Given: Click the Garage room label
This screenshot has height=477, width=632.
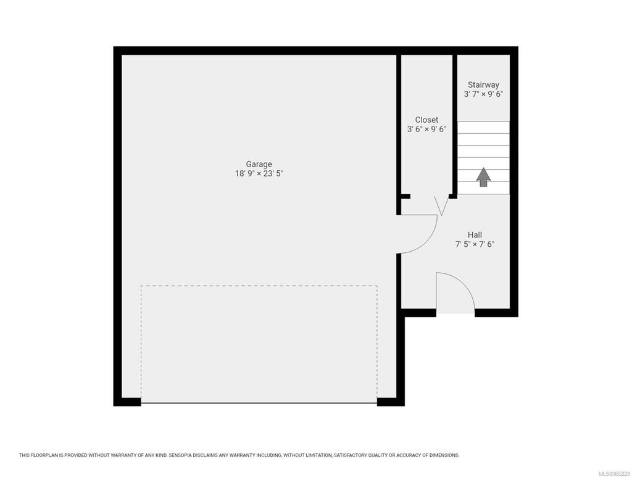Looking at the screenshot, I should point(259,164).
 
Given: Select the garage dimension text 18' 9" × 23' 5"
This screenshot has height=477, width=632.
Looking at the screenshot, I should point(259,173).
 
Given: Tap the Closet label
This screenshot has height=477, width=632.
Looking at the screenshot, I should point(426,120).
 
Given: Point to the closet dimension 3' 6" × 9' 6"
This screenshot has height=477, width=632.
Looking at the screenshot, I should point(426,129).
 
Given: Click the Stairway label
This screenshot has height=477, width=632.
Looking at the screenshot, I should point(483,85).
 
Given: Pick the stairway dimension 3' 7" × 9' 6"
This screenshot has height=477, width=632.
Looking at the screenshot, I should point(483,94).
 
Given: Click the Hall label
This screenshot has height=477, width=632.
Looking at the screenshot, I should point(475,234).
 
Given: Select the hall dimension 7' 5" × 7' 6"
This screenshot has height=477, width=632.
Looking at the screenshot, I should point(475,244).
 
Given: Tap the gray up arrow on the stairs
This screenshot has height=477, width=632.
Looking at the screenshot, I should point(483,177).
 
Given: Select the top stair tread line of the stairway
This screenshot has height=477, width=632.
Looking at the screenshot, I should point(483,122).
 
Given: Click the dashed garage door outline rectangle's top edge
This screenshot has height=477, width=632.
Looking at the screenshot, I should point(259,286).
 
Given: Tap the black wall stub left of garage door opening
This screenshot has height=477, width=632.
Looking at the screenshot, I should point(128,402).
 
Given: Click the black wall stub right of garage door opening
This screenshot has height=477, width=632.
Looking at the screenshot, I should point(391,402).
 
